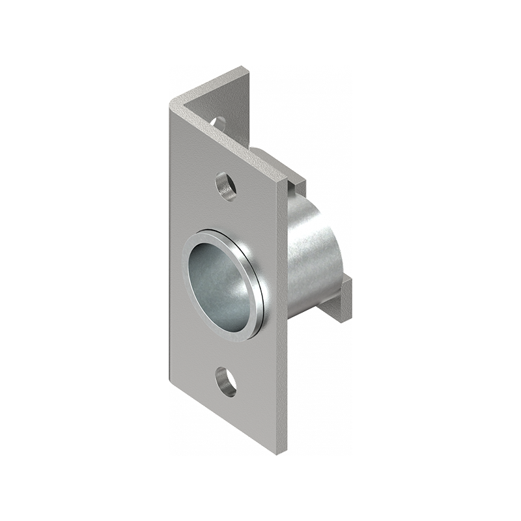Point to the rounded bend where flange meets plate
click(x=175, y=104)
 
